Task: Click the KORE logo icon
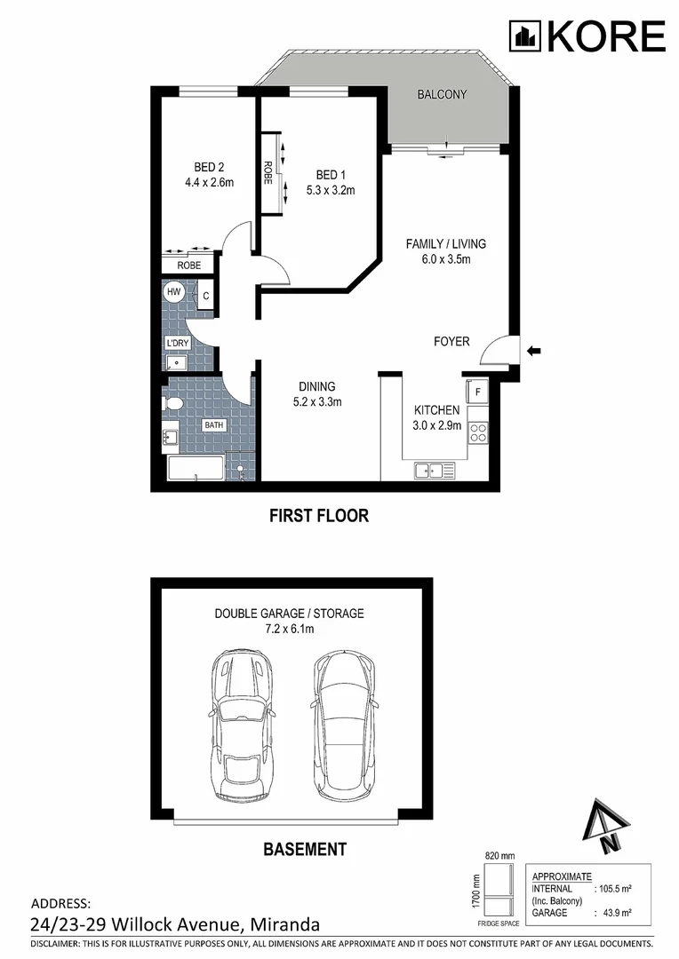coord(524,36)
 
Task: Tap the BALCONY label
coord(442,95)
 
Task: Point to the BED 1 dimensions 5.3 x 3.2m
coord(331,189)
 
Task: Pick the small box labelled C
coord(205,296)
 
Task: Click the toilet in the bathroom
coord(174,405)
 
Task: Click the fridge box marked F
coord(476,392)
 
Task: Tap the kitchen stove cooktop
coord(477,432)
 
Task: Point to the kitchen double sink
coord(434,470)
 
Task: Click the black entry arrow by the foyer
coord(534,351)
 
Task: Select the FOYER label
coord(451,342)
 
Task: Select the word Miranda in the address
coord(284,924)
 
